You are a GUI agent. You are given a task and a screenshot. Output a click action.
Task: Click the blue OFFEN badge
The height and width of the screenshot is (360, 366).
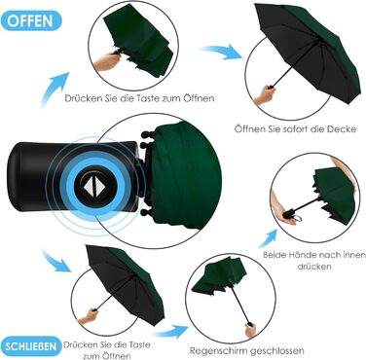pyautogui.click(x=30, y=20)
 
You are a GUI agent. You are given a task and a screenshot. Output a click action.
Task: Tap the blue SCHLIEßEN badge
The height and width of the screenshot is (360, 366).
pyautogui.click(x=30, y=346)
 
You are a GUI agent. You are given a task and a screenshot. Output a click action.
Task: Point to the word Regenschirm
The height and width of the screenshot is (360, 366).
pyautogui.click(x=217, y=351)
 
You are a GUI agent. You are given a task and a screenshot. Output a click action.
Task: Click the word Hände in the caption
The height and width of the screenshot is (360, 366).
pyautogui.click(x=299, y=255)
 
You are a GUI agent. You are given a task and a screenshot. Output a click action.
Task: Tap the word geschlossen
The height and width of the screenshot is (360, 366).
pyautogui.click(x=275, y=351)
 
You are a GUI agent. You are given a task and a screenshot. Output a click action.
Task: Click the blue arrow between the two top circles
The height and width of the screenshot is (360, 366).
pyautogui.click(x=222, y=52)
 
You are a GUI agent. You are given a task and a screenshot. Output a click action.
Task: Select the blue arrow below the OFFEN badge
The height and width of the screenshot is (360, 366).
pyautogui.click(x=54, y=90)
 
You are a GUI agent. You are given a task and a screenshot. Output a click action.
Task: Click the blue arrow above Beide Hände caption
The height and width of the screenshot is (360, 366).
pyautogui.click(x=268, y=238)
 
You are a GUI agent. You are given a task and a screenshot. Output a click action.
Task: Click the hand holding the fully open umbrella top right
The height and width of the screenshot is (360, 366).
pyautogui.click(x=265, y=94)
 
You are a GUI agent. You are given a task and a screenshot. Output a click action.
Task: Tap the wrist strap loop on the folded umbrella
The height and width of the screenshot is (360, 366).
pyautogui.click(x=298, y=219)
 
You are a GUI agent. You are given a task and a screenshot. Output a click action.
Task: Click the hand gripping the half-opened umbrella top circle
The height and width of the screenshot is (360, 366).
pyautogui.click(x=106, y=61)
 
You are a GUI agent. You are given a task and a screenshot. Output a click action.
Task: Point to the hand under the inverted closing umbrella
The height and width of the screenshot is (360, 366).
pyautogui.click(x=250, y=330)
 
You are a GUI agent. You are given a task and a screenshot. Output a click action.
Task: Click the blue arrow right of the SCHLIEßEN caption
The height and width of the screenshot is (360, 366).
pyautogui.click(x=170, y=332)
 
